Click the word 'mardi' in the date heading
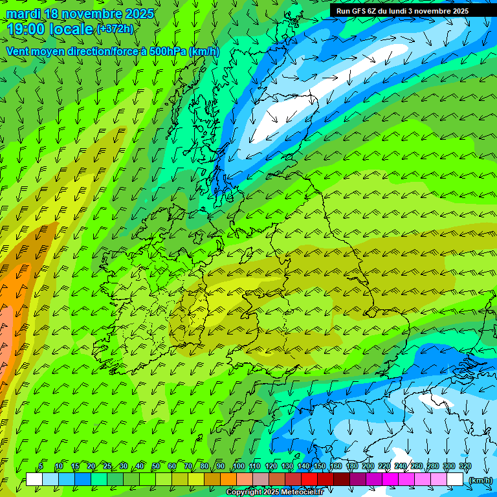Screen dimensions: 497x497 pyautogui.click(x=23, y=14)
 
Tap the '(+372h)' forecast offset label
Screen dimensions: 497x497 pyautogui.click(x=115, y=28)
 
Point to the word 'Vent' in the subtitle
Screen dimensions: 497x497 pyautogui.click(x=19, y=51)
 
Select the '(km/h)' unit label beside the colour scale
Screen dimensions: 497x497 pyautogui.click(x=480, y=480)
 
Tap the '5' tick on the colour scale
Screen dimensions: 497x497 pyautogui.click(x=41, y=467)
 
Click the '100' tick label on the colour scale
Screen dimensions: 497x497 pyautogui.click(x=239, y=467)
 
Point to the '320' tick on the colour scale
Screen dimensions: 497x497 pyautogui.click(x=465, y=467)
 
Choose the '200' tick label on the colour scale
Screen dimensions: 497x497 pyautogui.click(x=368, y=467)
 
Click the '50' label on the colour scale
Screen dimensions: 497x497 pyautogui.click(x=156, y=467)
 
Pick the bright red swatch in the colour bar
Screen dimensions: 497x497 pyautogui.click(x=310, y=480)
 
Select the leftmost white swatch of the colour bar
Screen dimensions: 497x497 pyautogui.click(x=35, y=480)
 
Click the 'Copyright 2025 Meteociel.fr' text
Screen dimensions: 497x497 pyautogui.click(x=274, y=492)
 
